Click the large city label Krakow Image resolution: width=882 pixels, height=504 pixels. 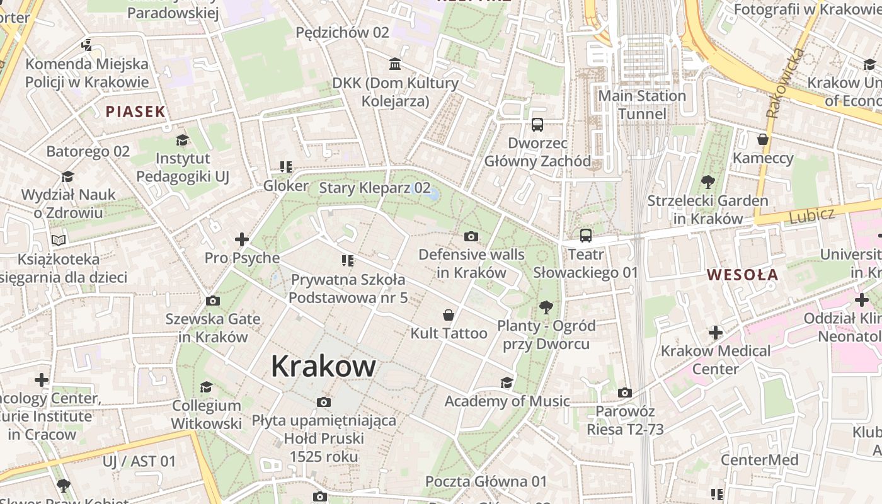pyautogui.click(x=323, y=366)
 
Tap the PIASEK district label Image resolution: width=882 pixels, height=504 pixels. pyautogui.click(x=135, y=112)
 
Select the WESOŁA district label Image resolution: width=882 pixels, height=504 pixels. pyautogui.click(x=742, y=275)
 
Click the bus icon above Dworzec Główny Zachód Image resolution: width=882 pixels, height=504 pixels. pyautogui.click(x=537, y=125)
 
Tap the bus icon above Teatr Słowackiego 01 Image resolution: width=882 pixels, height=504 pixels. pyautogui.click(x=586, y=236)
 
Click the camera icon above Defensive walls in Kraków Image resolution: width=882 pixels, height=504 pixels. pyautogui.click(x=471, y=237)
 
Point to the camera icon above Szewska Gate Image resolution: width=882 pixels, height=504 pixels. pyautogui.click(x=213, y=301)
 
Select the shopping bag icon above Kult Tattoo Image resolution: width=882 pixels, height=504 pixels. pyautogui.click(x=449, y=315)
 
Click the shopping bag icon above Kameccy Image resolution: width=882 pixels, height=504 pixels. pyautogui.click(x=763, y=139)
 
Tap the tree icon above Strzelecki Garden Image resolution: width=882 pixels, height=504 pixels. pyautogui.click(x=707, y=183)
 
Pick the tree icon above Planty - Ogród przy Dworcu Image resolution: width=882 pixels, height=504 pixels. pyautogui.click(x=546, y=307)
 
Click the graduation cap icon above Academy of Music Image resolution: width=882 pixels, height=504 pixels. pyautogui.click(x=507, y=383)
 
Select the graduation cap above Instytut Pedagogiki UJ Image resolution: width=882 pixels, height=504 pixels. pyautogui.click(x=183, y=140)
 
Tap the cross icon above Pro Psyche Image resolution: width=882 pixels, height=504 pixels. pyautogui.click(x=242, y=239)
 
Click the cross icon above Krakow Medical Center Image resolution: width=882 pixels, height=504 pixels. pyautogui.click(x=716, y=332)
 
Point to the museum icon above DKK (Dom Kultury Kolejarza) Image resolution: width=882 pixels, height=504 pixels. pyautogui.click(x=395, y=64)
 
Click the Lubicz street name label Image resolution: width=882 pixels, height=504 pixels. pyautogui.click(x=811, y=215)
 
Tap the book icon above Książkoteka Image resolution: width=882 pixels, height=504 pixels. pyautogui.click(x=59, y=240)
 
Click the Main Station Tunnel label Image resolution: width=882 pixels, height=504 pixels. pyautogui.click(x=641, y=105)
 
